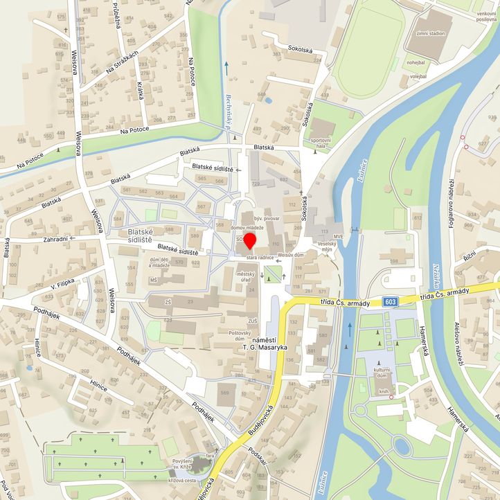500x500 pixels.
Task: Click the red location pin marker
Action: tap(249, 241)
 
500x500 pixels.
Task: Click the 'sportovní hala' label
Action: tap(321, 143)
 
